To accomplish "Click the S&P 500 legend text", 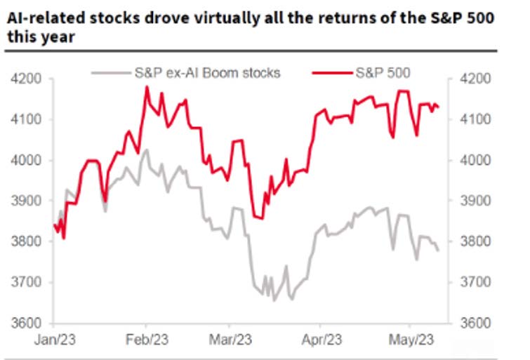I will tap(383, 72).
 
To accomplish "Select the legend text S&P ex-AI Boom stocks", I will tap(206, 72).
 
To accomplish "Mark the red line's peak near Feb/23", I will tap(146, 87).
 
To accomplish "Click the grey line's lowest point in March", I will tap(274, 300).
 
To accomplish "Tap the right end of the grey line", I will tap(439, 250).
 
